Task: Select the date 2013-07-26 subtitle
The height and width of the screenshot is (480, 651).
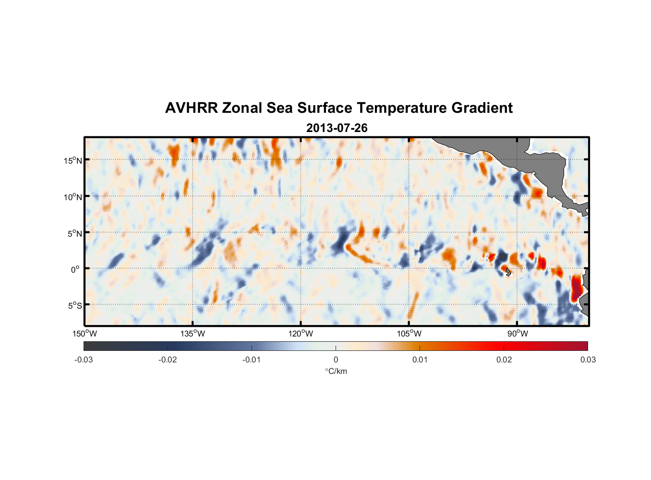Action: pos(337,128)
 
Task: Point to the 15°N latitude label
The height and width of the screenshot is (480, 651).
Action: pos(73,160)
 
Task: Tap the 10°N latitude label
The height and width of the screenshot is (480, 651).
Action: pos(73,197)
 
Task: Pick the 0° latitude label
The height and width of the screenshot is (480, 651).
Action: pos(75,270)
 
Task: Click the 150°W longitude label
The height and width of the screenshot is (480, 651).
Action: pos(85,334)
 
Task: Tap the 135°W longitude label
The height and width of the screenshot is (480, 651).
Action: pos(193,334)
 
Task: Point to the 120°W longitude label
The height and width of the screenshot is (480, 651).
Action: pos(301,334)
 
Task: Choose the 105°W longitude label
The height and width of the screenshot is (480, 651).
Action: pos(409,334)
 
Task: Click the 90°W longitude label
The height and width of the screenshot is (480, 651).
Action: pos(518,334)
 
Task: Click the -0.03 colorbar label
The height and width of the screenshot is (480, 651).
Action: pos(84,360)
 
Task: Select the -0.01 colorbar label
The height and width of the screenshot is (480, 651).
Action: pos(252,360)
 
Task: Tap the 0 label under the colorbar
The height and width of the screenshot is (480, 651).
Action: pos(336,360)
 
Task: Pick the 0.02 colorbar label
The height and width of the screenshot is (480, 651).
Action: pos(504,360)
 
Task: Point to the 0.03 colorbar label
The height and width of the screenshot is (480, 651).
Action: pos(588,360)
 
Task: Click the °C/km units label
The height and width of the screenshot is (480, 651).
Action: pos(336,371)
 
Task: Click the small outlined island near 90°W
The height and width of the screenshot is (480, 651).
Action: pos(508,272)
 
